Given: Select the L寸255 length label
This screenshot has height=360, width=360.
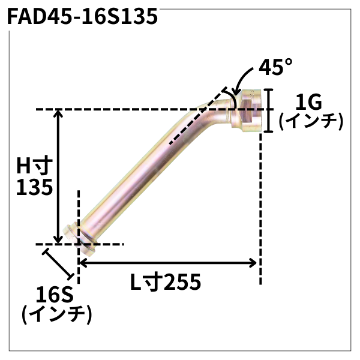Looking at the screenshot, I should click(164, 281).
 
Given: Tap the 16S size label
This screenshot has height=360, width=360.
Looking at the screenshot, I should click(54, 295).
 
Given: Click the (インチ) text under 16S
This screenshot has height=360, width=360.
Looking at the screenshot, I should click(56, 314).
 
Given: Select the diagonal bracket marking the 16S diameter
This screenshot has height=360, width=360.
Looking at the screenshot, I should click(59, 262).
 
